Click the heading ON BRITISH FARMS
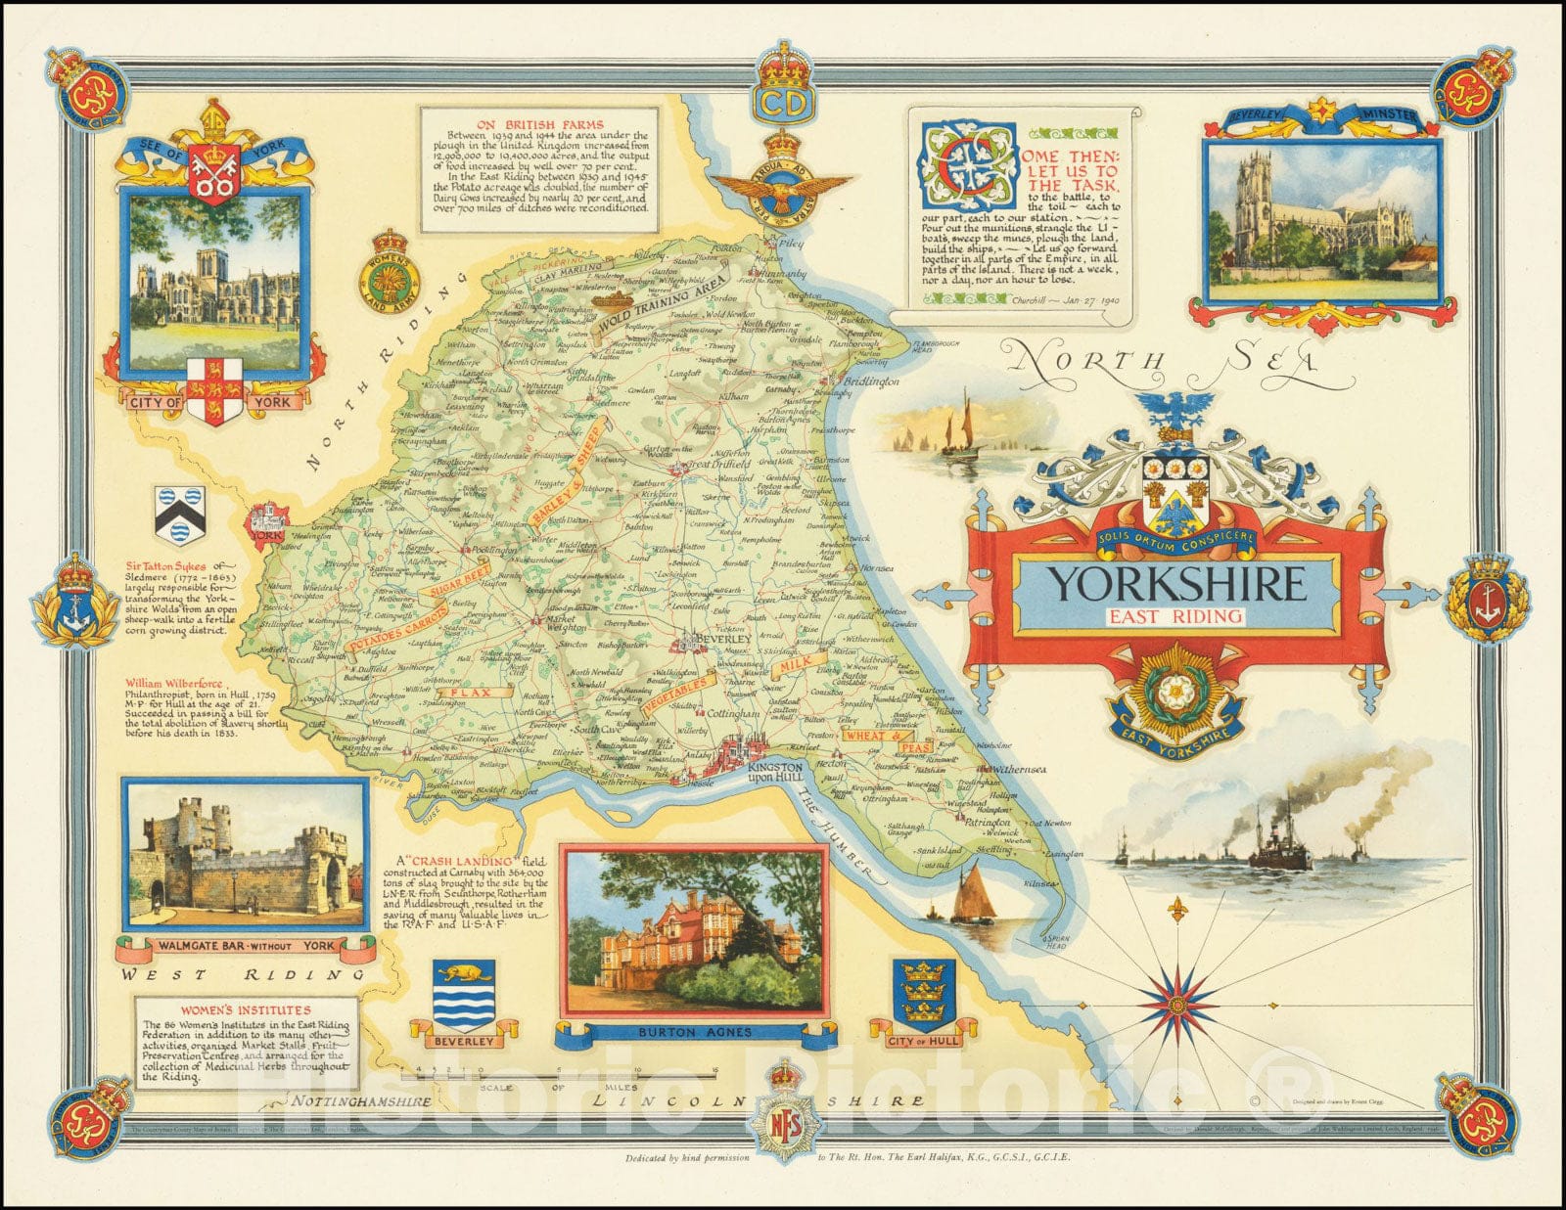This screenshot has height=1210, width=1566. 535,124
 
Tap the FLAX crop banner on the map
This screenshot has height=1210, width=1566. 468,692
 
